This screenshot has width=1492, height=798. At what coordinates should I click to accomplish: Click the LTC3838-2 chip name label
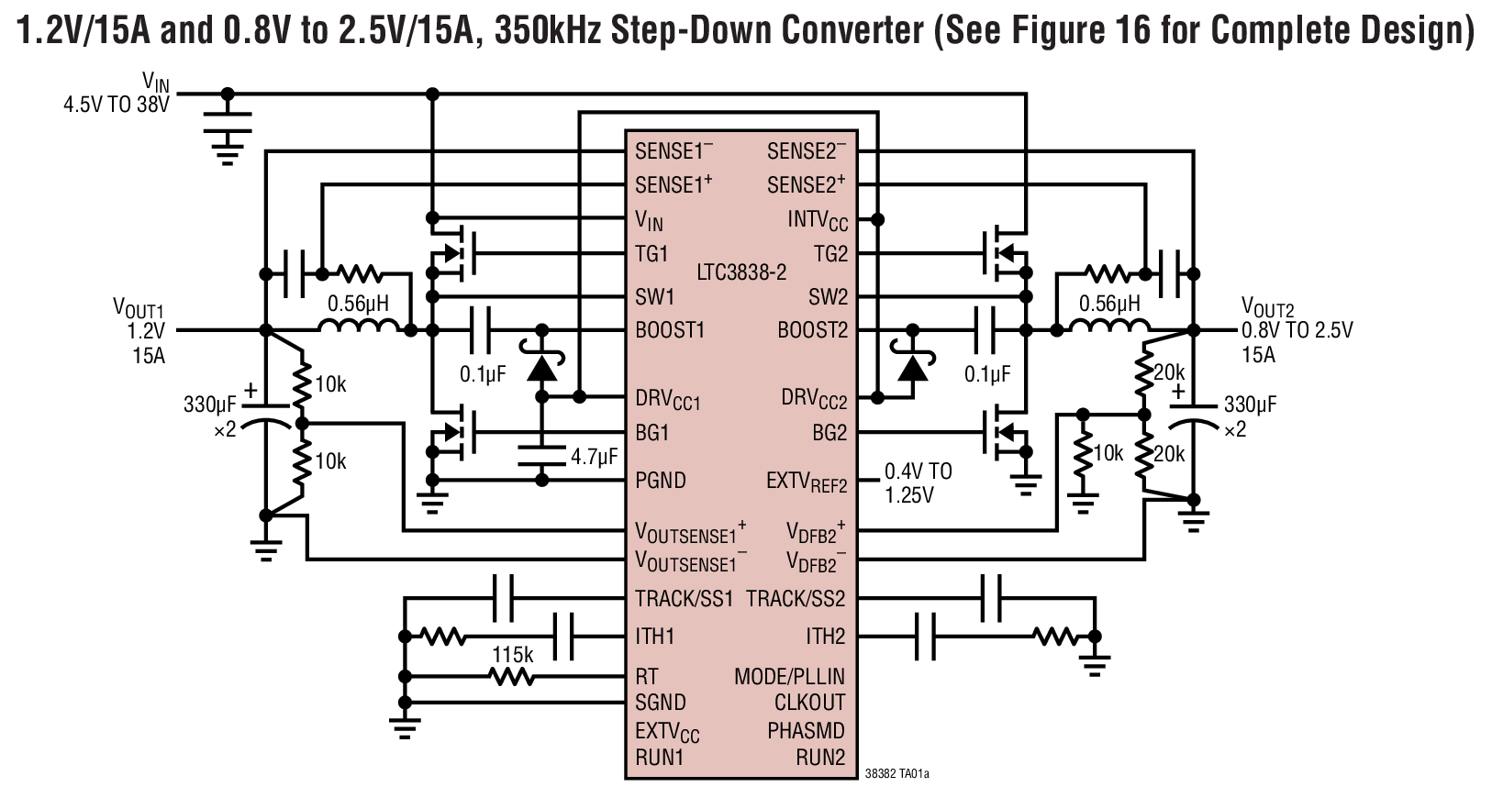741,273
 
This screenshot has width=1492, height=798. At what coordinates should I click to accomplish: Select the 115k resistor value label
513,656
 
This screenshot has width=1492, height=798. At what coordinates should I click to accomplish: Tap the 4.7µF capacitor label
594,456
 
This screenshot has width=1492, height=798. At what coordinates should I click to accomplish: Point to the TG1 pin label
651,254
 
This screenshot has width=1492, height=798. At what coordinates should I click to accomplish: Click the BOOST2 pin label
812,330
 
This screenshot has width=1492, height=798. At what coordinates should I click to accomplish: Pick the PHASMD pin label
806,731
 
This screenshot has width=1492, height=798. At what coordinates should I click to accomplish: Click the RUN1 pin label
659,758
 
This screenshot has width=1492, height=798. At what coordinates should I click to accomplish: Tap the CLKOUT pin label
809,703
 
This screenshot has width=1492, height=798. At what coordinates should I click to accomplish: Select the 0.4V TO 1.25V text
918,483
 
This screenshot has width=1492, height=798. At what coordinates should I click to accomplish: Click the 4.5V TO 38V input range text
116,105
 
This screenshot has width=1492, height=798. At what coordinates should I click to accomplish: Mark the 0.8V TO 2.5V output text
1297,331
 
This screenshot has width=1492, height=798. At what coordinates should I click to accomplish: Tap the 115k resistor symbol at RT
512,678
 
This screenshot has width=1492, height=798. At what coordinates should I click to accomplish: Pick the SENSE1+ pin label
674,184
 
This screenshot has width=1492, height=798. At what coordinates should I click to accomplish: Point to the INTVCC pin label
817,221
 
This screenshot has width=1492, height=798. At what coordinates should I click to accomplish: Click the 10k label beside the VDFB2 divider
1108,453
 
